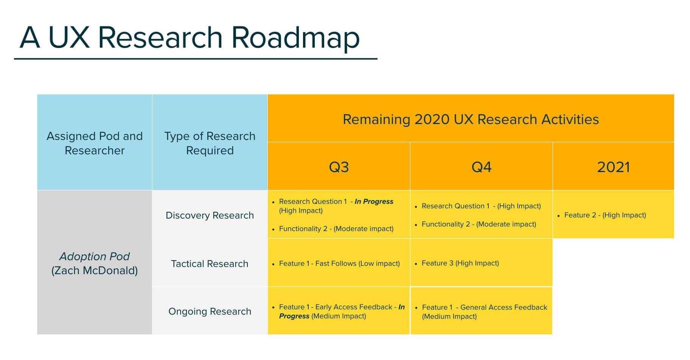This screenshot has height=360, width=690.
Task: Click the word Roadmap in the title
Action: (295, 38)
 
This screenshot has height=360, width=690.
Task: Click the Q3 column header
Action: (339, 167)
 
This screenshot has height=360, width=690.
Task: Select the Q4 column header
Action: (481, 167)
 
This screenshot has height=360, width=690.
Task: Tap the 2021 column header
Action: (613, 167)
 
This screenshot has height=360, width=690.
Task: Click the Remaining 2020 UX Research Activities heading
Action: (471, 119)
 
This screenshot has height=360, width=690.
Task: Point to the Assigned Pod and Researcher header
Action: (95, 143)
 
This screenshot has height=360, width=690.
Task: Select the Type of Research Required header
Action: (210, 143)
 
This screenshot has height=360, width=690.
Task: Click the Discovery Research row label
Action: (210, 215)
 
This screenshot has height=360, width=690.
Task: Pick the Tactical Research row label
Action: (210, 264)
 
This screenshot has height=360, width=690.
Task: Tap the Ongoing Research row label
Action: (210, 311)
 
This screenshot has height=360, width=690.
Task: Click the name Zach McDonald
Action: (95, 271)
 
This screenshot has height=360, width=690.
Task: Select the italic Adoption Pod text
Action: (95, 256)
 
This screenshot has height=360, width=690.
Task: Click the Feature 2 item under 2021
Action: (605, 215)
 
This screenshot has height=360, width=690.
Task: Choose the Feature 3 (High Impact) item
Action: (460, 263)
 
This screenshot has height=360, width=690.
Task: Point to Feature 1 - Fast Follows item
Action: (339, 264)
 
